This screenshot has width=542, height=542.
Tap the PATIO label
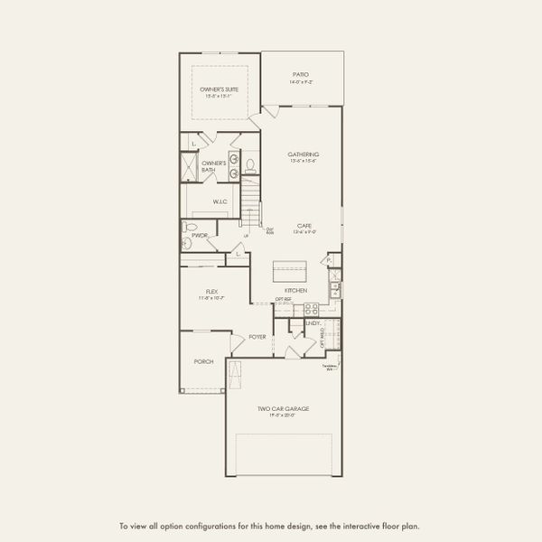click(300, 74)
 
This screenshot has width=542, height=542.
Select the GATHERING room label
click(304, 154)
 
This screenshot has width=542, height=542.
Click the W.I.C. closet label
click(220, 201)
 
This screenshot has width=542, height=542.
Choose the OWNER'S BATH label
click(213, 166)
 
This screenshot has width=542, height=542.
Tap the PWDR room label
click(200, 236)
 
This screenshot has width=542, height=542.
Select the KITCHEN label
click(297, 291)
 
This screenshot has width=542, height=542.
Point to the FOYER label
click(257, 336)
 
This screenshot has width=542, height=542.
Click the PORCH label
click(203, 361)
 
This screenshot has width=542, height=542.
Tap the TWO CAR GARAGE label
click(283, 409)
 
